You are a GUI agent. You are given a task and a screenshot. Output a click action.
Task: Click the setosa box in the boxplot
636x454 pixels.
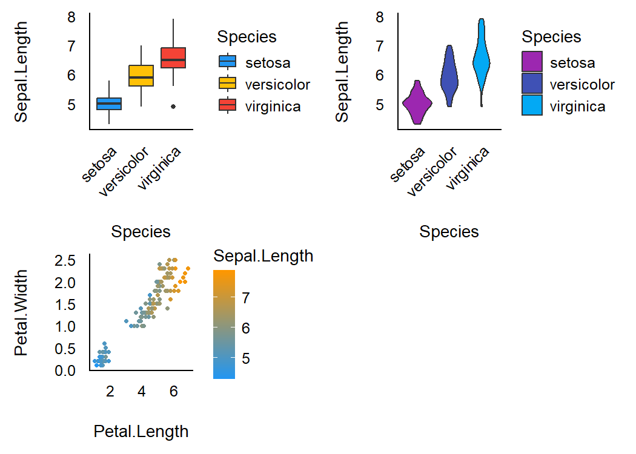pos(109,104)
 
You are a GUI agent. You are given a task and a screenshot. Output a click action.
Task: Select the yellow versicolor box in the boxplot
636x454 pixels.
pos(141,76)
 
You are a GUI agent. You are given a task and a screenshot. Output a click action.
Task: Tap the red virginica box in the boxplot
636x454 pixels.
pos(173,58)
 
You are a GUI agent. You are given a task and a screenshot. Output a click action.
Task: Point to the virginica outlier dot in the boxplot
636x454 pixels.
pos(173,106)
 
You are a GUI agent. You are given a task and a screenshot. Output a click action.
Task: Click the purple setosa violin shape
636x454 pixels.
pos(417,104)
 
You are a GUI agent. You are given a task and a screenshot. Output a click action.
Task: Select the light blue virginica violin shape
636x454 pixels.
pos(482,61)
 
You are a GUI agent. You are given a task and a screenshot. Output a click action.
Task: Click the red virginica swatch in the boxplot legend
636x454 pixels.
pos(228,106)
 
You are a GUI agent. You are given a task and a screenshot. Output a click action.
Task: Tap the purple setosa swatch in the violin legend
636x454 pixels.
pos(532,62)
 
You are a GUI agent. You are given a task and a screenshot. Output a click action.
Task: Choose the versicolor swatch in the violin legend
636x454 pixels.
pos(532,84)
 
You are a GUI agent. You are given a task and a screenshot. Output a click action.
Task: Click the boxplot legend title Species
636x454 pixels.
pos(247,37)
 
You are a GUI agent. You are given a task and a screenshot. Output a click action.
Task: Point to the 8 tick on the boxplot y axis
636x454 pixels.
pos(71,17)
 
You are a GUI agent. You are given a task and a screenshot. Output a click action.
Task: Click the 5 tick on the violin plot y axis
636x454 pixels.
pos(380,105)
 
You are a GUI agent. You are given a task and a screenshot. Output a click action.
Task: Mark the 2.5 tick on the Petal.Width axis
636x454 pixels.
pos(65,261)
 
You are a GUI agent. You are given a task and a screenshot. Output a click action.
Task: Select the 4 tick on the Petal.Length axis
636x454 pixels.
pos(142,391)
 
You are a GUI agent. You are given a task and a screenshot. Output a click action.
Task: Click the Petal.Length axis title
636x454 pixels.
pos(141,432)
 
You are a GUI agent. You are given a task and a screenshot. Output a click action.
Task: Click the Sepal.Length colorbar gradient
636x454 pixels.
pos(224,324)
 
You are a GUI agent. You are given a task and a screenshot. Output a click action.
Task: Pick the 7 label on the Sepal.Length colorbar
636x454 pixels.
pos(247,298)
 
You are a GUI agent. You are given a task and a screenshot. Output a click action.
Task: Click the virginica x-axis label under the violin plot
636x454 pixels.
pos(468,170)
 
